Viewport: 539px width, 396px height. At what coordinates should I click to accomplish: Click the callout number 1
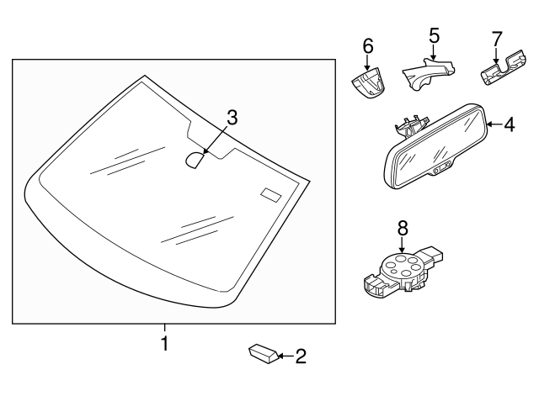(165, 343)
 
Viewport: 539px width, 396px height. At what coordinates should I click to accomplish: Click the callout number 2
(301, 356)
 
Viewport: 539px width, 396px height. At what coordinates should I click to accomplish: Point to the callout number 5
(434, 35)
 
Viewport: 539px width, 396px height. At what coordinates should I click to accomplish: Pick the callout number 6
(368, 46)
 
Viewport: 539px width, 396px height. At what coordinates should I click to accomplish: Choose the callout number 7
(496, 38)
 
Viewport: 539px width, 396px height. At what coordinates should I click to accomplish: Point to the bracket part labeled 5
(425, 75)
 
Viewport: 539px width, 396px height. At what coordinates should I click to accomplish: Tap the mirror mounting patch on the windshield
(196, 159)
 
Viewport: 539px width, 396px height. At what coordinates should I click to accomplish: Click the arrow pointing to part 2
(284, 356)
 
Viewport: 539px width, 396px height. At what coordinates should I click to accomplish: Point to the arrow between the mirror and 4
(495, 125)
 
